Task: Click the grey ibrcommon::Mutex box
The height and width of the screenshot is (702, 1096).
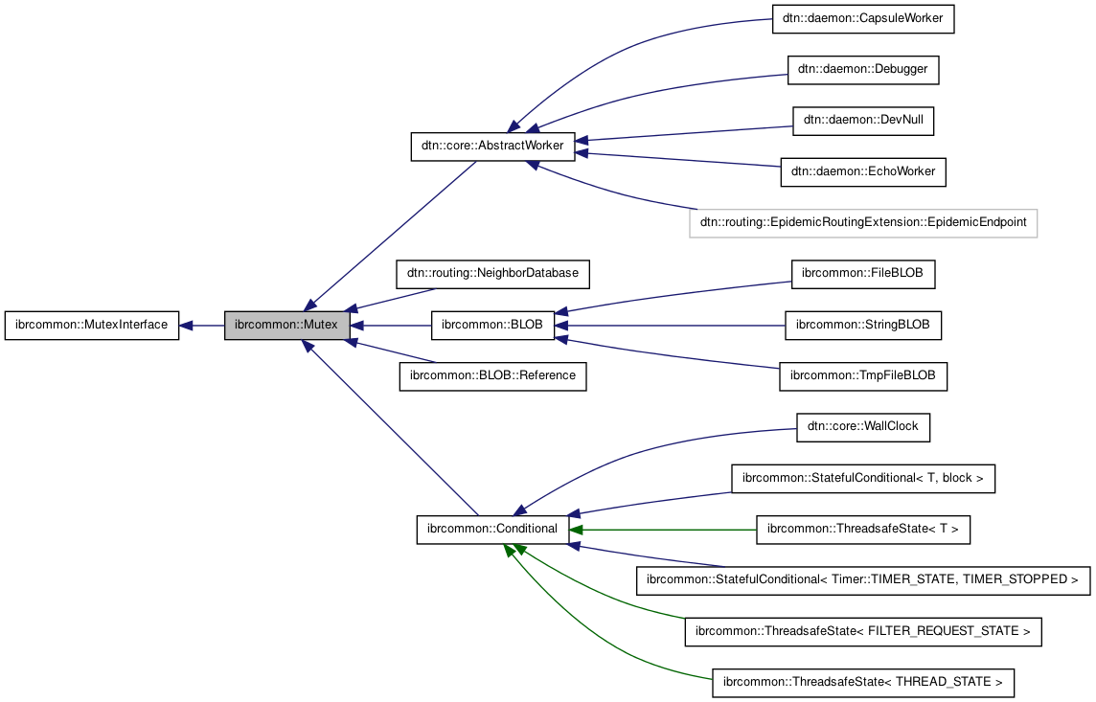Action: [x=286, y=326]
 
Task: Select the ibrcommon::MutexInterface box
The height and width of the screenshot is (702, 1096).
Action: [x=91, y=326]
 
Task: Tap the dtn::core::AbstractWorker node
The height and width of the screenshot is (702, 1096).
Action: [x=492, y=147]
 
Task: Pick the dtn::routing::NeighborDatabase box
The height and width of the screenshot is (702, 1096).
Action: [x=492, y=274]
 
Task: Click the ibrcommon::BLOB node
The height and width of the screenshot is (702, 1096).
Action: [x=492, y=326]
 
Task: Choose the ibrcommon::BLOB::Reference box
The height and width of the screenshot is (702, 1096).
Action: [x=492, y=375]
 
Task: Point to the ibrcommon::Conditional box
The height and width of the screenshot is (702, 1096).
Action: [x=492, y=529]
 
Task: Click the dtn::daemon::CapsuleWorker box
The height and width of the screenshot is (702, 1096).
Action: [x=863, y=19]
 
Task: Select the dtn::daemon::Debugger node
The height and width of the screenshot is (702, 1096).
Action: [x=863, y=70]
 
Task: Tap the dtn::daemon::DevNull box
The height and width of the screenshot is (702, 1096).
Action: [x=863, y=121]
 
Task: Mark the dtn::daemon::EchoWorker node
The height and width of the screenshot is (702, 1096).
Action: [x=863, y=172]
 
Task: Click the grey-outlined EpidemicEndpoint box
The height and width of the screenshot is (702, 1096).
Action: [x=863, y=223]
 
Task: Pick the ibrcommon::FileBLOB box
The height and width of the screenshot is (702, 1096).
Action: [x=863, y=274]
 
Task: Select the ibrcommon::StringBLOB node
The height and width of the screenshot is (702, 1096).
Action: [x=863, y=326]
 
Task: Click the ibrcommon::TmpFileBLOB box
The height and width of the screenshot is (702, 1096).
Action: [x=863, y=376]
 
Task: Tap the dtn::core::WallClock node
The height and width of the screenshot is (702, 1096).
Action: [x=863, y=427]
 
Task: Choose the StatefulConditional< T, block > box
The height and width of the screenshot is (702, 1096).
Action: [x=863, y=478]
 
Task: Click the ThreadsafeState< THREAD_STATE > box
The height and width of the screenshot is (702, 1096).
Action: [x=863, y=683]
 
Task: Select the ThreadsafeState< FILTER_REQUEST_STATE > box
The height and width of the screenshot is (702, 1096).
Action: [x=863, y=632]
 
